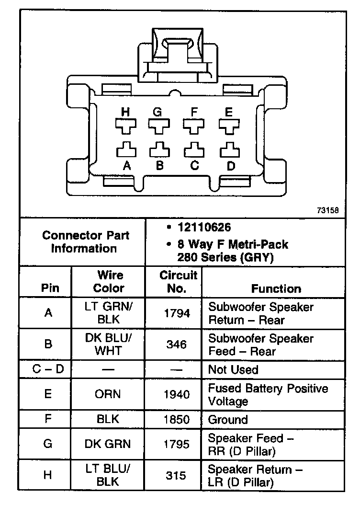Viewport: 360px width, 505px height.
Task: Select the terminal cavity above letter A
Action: point(125,150)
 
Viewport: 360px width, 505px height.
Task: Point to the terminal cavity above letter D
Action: point(229,150)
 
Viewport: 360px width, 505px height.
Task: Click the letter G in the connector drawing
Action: point(157,112)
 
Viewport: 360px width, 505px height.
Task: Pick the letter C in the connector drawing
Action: point(194,166)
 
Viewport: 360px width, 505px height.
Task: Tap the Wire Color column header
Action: point(109,282)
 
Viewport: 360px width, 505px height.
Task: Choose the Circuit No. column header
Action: point(178,282)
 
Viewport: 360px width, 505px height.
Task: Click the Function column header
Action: point(276,288)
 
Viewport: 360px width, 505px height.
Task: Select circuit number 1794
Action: point(177,313)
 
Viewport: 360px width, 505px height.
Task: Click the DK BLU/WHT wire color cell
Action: point(109,344)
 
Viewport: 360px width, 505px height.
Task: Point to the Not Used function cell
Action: point(233,369)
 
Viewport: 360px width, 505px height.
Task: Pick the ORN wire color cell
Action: point(109,394)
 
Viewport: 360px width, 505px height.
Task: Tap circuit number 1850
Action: point(177,420)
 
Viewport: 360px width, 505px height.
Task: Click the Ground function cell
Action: point(228,420)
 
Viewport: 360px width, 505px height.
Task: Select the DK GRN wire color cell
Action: point(108,444)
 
